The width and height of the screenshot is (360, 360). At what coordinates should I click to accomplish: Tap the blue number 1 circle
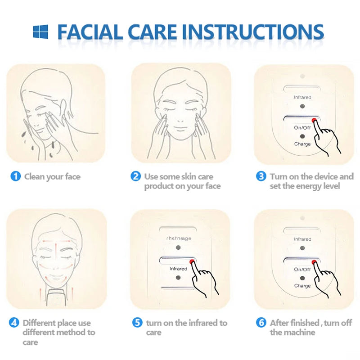pos(15,177)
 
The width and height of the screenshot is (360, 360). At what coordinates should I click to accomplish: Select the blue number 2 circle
pos(136,176)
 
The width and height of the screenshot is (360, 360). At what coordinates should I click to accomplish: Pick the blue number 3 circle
pos(261,176)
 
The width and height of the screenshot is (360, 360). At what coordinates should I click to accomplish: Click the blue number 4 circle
pos(14,323)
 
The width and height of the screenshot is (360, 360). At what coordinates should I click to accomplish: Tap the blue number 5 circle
pos(137,323)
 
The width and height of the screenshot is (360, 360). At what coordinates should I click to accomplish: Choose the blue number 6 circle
pos(261,323)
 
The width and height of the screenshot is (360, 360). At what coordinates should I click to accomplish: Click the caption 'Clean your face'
pos(52,177)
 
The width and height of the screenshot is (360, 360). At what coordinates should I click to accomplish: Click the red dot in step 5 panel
pos(192,261)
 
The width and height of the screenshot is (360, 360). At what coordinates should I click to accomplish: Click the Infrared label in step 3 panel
pos(302,97)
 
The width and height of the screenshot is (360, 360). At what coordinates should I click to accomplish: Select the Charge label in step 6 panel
pos(302,286)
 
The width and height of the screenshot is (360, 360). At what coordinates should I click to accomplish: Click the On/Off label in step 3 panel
pos(302,128)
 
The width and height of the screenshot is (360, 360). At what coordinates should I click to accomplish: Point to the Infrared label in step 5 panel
pos(178,269)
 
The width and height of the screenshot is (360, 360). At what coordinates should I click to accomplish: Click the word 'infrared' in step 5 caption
pos(200,323)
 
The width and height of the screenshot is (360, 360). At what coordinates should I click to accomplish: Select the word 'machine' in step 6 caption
pos(299,333)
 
